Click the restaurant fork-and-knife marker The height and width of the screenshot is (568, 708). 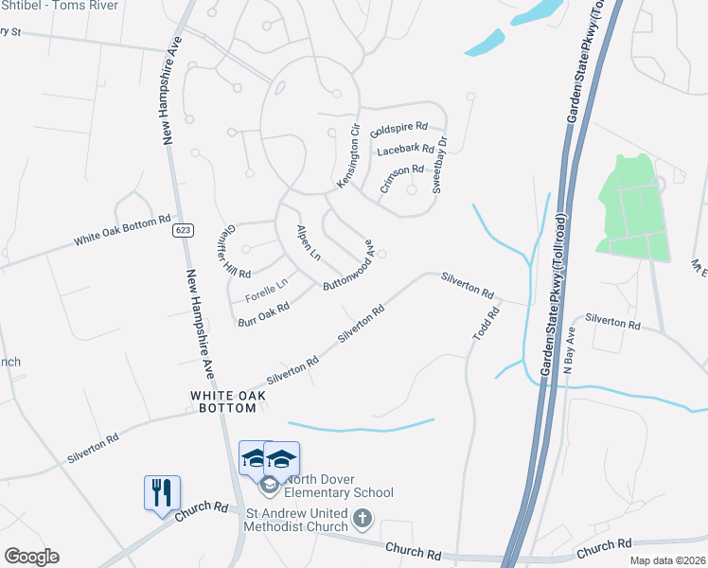pos(161,492)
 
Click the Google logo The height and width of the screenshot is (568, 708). pos(31,557)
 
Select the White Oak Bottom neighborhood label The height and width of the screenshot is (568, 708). pos(223,401)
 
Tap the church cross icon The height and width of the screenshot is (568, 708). pos(363,519)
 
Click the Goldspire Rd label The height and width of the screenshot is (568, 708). pos(399,128)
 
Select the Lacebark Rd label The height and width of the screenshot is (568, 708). pos(405,150)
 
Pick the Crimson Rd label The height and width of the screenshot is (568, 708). pos(401,175)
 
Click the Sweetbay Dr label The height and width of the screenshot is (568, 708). pos(440,166)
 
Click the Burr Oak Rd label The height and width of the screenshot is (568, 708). pos(264,315)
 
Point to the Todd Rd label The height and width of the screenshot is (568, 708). pos(487,325)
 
